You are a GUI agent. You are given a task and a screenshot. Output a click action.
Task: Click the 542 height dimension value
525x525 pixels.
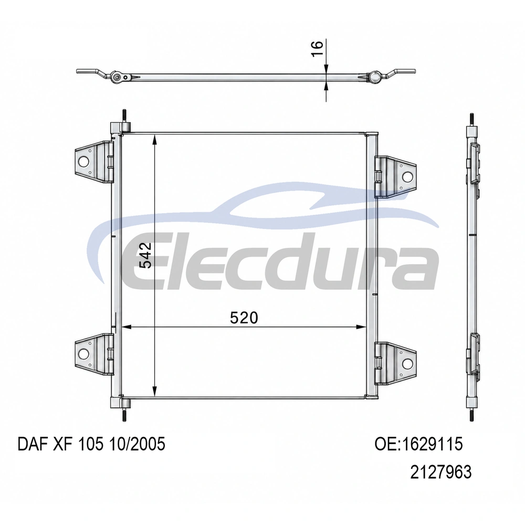pos(145,255)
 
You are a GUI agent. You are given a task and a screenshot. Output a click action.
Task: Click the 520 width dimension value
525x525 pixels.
pos(244,318)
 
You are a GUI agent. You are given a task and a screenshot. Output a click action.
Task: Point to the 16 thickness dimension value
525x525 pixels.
pos(317,49)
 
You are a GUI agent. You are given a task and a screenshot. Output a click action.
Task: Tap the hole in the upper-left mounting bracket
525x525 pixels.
pos(83,162)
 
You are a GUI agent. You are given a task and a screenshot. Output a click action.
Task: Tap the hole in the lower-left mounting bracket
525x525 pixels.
pos(83,354)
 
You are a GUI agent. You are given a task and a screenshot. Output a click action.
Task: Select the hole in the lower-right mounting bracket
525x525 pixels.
pos(407,363)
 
